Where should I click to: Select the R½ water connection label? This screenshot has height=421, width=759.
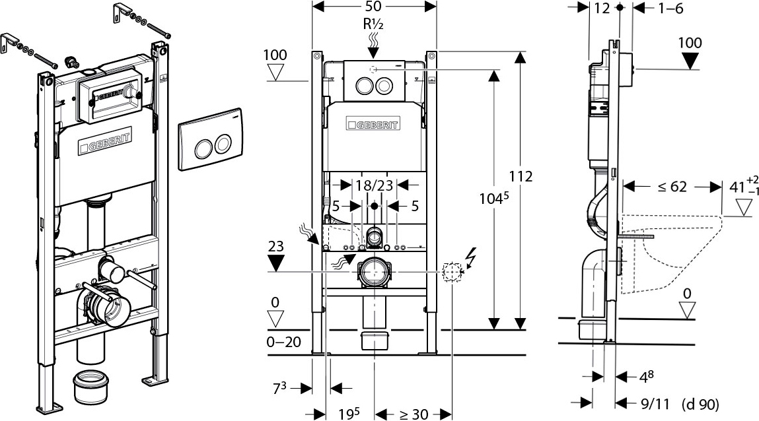[x=373, y=24]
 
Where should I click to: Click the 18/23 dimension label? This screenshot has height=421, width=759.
[x=375, y=185]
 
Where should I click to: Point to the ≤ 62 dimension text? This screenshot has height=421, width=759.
[x=671, y=187]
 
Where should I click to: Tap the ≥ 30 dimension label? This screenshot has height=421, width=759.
[x=414, y=414]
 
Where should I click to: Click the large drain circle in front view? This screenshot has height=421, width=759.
[x=375, y=271]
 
